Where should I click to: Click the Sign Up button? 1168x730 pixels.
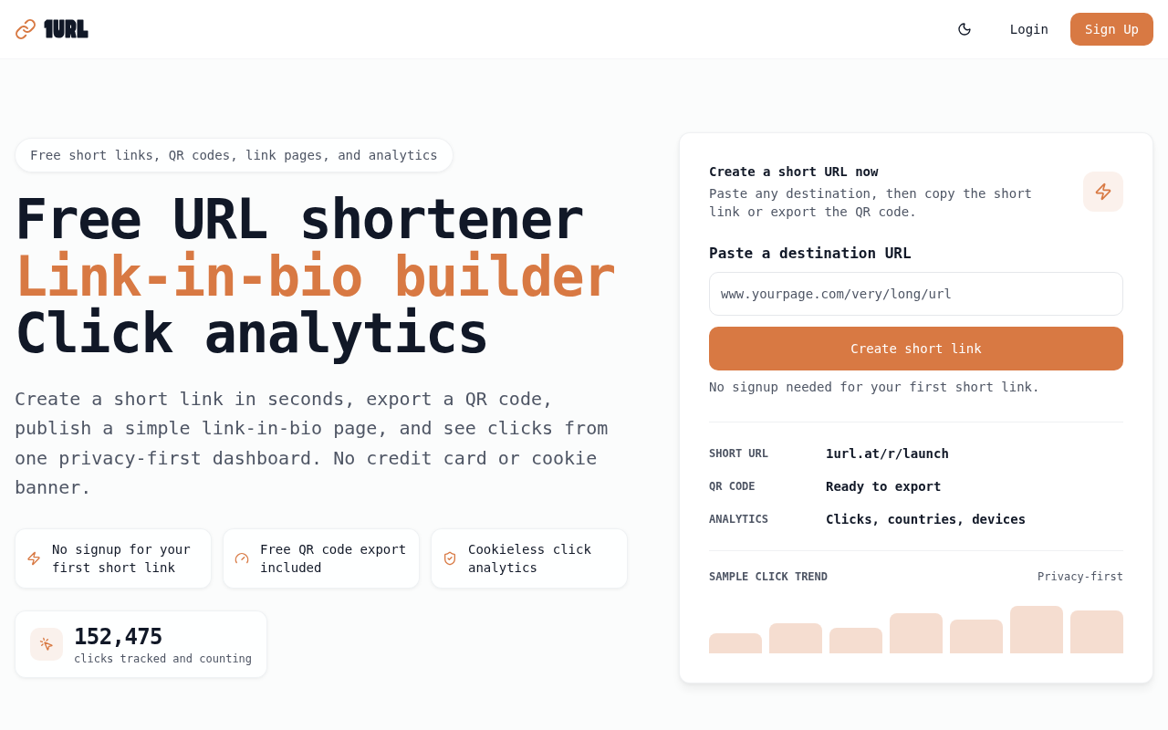click(x=1111, y=29)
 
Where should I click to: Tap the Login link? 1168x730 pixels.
click(x=1028, y=29)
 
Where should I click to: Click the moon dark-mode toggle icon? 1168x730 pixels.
click(x=965, y=29)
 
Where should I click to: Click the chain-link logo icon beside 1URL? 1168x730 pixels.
click(x=25, y=29)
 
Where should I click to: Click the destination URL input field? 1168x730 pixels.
click(x=915, y=294)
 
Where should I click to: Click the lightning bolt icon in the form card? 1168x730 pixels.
click(x=1103, y=192)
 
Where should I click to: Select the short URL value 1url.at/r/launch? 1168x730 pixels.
click(x=887, y=454)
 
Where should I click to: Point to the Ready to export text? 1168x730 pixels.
click(x=883, y=486)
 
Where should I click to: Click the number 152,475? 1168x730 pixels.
click(x=119, y=637)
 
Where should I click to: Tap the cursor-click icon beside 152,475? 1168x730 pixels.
click(x=47, y=644)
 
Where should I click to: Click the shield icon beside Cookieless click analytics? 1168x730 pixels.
click(x=450, y=558)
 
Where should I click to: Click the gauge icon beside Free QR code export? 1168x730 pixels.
click(x=242, y=558)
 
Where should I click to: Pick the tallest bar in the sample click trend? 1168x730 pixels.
click(x=1036, y=630)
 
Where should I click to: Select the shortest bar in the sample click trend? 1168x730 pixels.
click(x=735, y=643)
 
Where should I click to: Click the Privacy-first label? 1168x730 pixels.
click(x=1079, y=576)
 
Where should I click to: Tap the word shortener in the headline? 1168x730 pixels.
click(x=442, y=219)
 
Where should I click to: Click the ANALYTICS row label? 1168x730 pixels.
click(x=738, y=519)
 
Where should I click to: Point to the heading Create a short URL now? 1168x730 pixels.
click(x=794, y=172)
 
